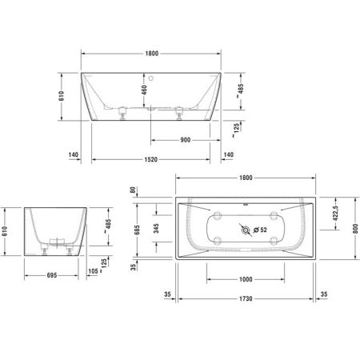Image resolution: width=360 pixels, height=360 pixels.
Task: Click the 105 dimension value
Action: [x=94, y=272]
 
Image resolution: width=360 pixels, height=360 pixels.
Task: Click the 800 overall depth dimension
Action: [x=352, y=227]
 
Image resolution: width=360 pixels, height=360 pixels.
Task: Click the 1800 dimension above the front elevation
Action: [x=150, y=53]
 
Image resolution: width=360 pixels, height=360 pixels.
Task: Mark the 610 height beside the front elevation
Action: [x=63, y=96]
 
